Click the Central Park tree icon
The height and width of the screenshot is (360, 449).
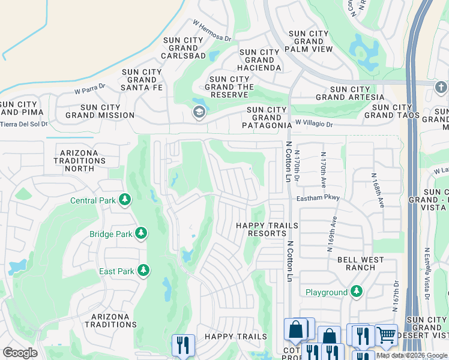[125, 200]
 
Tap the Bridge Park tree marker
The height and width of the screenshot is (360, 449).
[141, 233]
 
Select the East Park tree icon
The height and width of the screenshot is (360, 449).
[143, 271]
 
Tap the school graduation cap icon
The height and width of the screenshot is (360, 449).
[199, 112]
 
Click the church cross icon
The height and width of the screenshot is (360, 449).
[441, 88]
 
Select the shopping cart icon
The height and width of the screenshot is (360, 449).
[386, 335]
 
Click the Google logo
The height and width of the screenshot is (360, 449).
[20, 353]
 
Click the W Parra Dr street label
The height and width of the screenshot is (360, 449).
[90, 88]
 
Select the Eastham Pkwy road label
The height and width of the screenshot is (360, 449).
[318, 198]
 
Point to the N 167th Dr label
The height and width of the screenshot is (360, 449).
[396, 297]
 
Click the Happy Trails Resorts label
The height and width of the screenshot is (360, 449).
[267, 230]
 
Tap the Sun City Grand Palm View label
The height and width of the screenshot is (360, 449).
[310, 41]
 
